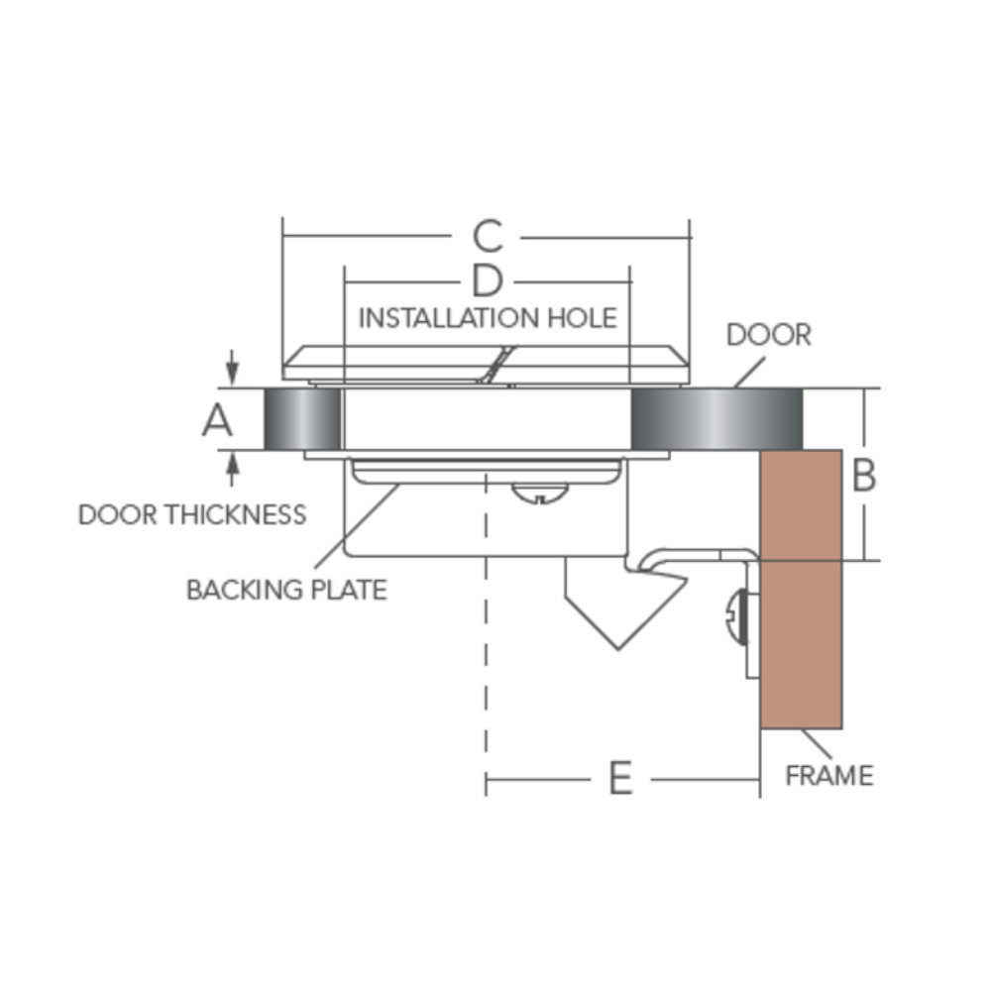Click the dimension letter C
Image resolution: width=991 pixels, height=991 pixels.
(488, 237)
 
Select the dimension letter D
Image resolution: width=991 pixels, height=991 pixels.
(488, 280)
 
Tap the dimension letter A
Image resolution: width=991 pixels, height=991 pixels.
(217, 419)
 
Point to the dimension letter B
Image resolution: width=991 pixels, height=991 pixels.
(863, 475)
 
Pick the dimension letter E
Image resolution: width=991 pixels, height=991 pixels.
(620, 778)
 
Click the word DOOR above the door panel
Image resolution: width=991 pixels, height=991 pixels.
(769, 335)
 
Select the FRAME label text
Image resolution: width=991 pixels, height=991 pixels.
(829, 776)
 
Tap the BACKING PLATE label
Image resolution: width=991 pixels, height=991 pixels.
(287, 590)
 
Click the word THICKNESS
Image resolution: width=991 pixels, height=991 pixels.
(236, 514)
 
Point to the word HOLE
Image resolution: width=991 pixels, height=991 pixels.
(582, 318)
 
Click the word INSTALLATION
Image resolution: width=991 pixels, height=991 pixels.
(449, 318)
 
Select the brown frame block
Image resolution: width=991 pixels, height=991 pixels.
(801, 589)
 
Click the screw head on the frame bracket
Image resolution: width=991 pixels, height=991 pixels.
(737, 616)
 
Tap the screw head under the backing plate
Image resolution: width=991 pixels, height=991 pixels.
(539, 493)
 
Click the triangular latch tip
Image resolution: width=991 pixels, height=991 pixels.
(618, 648)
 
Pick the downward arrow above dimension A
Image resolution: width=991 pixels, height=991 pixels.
(233, 367)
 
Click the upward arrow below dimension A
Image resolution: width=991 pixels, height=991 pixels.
(233, 470)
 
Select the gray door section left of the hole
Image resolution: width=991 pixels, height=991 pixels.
(302, 419)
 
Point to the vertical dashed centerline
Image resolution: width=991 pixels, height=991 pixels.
(486, 632)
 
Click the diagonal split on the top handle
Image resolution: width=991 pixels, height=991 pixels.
(496, 365)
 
